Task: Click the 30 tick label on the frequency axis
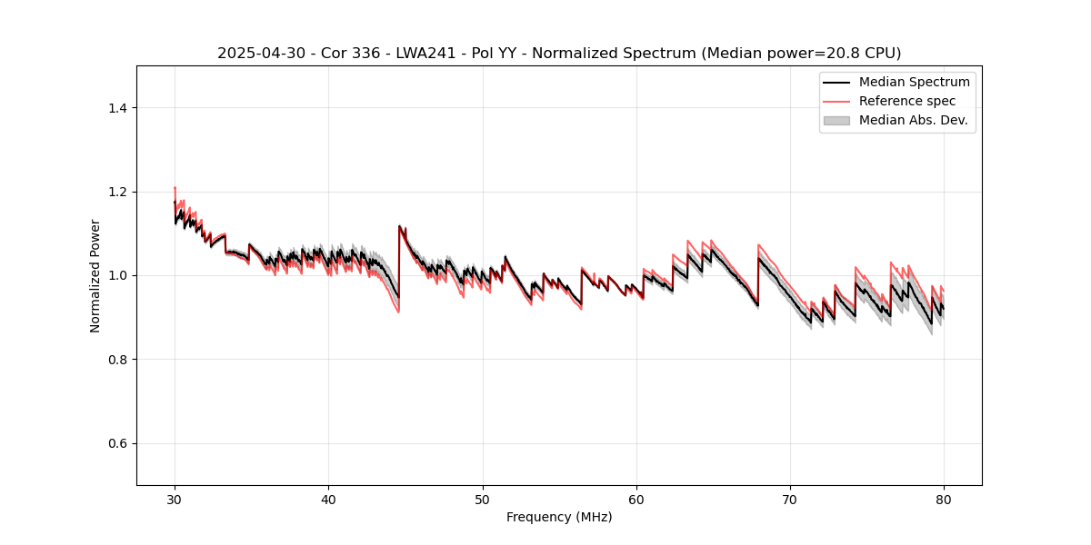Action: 175,499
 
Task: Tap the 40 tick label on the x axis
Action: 328,499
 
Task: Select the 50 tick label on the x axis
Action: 483,499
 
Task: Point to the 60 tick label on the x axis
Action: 636,499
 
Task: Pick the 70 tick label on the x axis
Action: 790,499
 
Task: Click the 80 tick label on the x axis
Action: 944,499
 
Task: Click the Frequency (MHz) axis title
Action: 559,517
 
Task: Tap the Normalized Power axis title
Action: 95,275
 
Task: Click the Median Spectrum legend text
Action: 914,82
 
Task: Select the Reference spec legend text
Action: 907,101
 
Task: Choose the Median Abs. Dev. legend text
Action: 914,120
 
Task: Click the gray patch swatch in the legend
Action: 836,120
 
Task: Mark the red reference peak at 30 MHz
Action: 175,188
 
